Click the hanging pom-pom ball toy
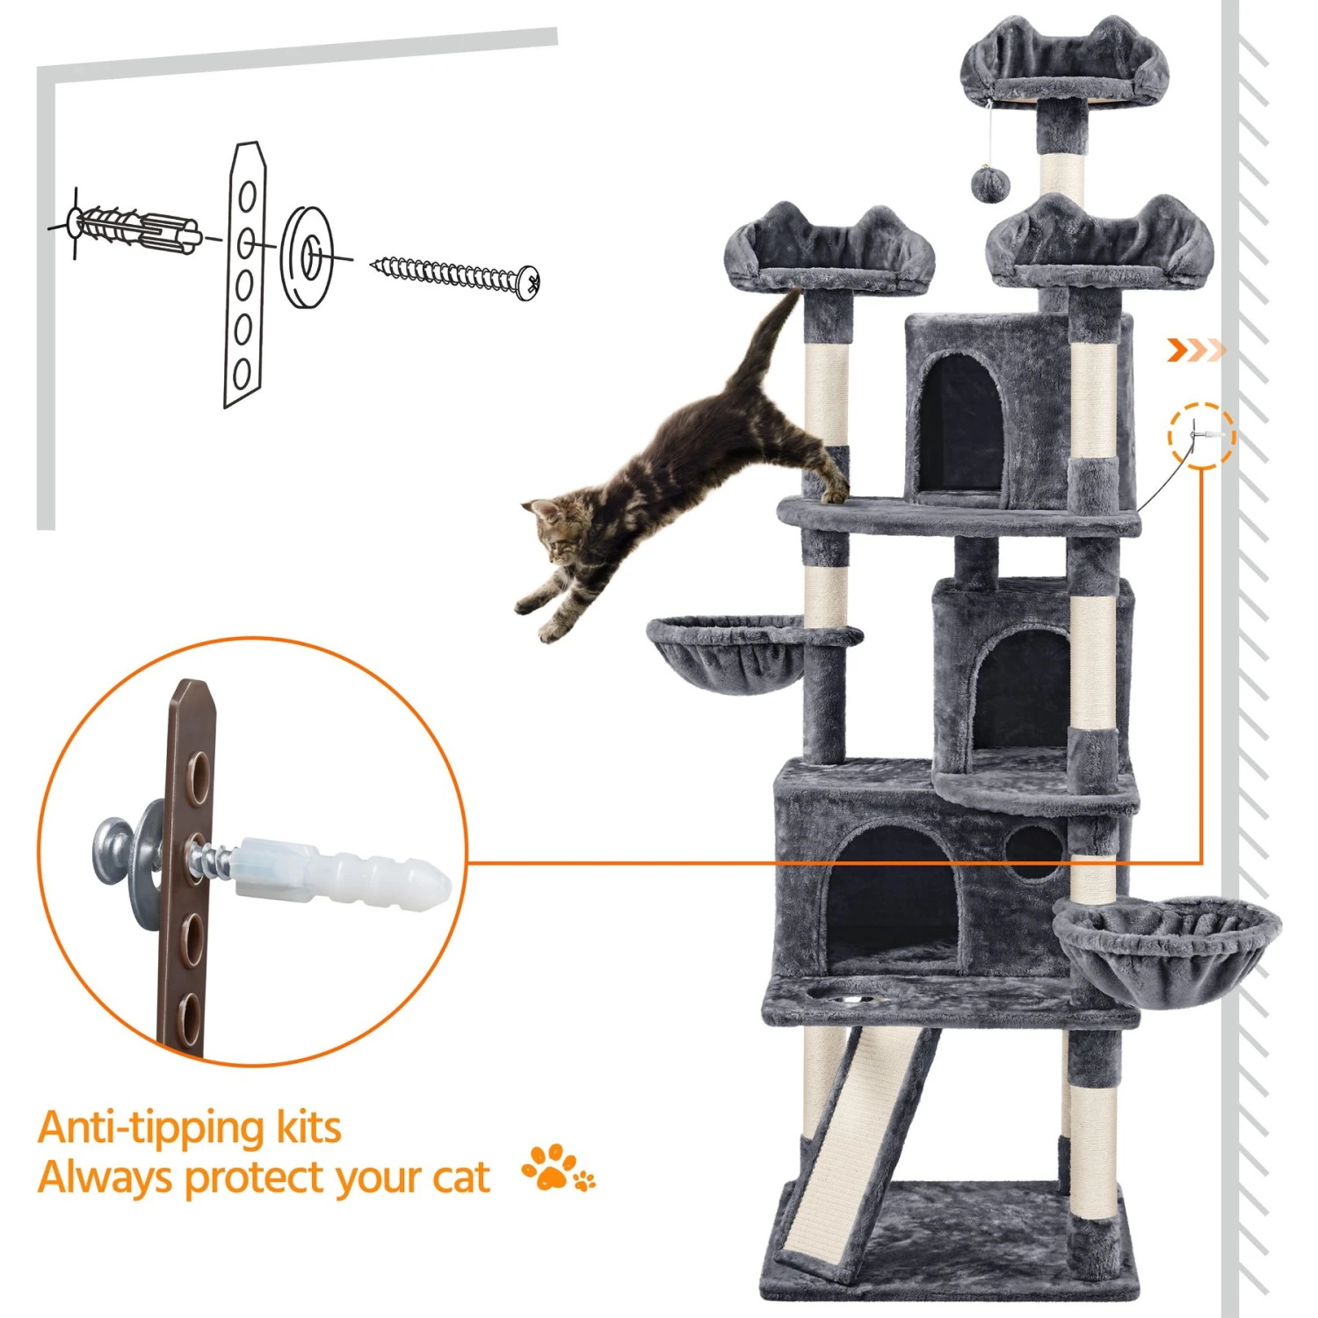coord(990,183)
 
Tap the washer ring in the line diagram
coord(308,257)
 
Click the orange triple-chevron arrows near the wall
coord(1195,351)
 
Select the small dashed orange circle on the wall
coord(1201,436)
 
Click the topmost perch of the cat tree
coord(1065,66)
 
